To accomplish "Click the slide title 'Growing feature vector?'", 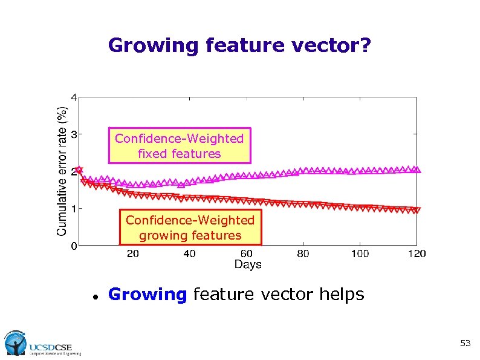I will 240,45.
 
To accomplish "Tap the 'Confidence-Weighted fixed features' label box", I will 179,146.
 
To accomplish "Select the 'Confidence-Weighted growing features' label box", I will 190,227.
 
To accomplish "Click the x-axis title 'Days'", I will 248,264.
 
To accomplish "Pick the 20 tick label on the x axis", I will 132,254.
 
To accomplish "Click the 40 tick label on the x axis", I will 189,254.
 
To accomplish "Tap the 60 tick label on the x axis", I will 247,254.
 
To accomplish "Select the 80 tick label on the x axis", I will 303,254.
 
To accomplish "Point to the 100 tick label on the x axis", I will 360,254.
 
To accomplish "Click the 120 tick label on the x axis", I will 417,254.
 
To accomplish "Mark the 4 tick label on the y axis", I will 74,97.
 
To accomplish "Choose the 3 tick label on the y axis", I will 74,134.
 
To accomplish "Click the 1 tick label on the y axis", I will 74,209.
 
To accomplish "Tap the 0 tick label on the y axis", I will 74,246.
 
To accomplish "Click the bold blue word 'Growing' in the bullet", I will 148,295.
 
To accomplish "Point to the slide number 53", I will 465,344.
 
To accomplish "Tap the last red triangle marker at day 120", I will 417,211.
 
